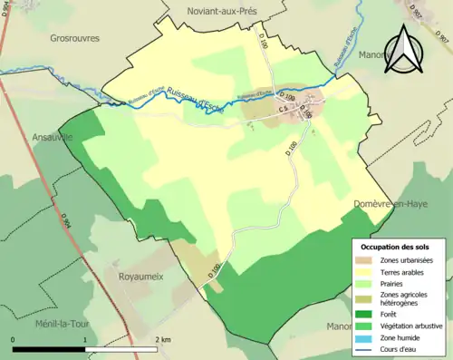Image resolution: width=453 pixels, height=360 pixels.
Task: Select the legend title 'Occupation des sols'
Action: point(395,247)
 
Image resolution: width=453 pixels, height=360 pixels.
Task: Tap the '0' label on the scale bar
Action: point(13,339)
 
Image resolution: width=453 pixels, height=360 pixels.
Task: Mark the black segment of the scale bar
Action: point(49,348)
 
